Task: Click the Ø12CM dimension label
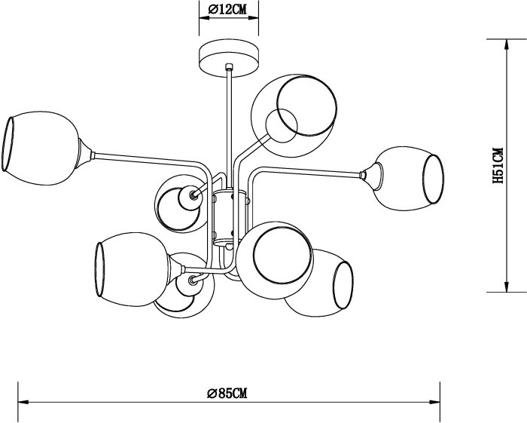point(227,10)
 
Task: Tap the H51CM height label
point(498,166)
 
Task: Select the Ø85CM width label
point(227,394)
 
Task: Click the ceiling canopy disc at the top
point(228,55)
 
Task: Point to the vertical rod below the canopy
point(228,121)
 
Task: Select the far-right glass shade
point(410,178)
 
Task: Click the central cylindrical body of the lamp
point(228,219)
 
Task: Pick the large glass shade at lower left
point(131,270)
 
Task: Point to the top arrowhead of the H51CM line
point(504,43)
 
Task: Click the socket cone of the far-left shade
point(87,155)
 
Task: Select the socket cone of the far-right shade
point(366,175)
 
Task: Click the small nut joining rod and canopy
point(228,70)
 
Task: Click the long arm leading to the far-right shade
point(309,173)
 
